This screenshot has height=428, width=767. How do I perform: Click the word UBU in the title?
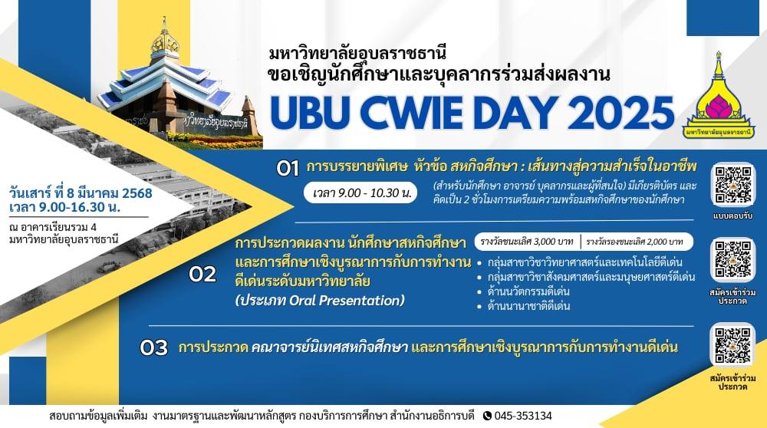[x=310, y=113]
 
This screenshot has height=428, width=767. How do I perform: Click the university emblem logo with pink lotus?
[x=718, y=95]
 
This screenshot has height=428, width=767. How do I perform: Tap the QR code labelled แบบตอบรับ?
[x=732, y=185]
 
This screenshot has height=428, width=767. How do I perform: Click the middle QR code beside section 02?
[x=732, y=259]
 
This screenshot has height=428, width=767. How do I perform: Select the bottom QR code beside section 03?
[x=732, y=345]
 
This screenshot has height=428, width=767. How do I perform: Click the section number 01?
[x=287, y=169]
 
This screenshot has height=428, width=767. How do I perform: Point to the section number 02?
[x=202, y=275]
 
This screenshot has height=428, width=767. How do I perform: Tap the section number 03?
[x=153, y=347]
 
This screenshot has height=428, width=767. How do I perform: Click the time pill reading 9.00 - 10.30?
[x=360, y=193]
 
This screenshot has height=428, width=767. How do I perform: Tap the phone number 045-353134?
[x=523, y=416]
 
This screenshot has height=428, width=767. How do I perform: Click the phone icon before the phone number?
[x=487, y=416]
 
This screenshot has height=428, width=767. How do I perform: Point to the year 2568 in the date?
[x=137, y=193]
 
